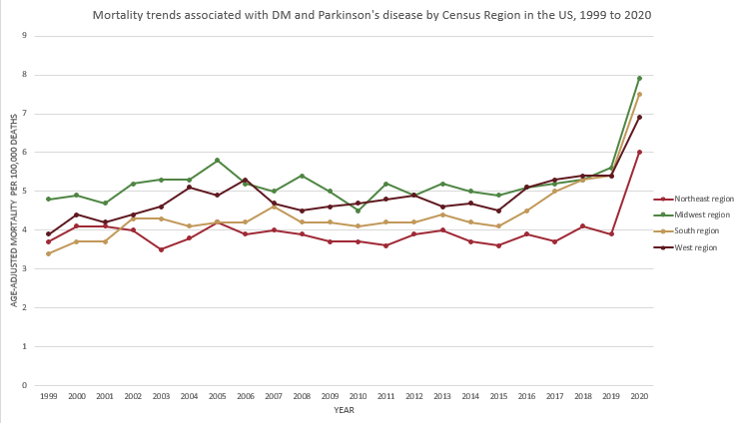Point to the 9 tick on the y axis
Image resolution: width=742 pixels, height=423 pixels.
click(24, 36)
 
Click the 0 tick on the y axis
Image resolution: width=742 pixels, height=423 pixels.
click(24, 385)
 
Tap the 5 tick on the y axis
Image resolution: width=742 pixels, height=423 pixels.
click(24, 191)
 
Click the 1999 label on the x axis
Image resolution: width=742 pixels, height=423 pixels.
click(48, 396)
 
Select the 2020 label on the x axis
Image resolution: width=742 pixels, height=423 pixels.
click(639, 396)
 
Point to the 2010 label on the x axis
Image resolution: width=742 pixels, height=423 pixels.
click(358, 396)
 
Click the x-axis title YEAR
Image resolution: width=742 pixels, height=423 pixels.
click(344, 410)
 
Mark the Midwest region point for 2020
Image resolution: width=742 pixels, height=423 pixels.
click(639, 78)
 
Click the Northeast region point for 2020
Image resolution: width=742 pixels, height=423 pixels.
click(639, 152)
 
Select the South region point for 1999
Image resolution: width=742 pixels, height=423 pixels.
click(48, 253)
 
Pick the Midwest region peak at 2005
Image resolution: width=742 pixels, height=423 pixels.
click(217, 160)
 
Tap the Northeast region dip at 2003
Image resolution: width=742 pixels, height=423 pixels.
click(161, 249)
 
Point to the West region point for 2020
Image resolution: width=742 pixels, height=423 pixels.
click(639, 117)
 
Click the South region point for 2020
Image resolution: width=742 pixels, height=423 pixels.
click(639, 94)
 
